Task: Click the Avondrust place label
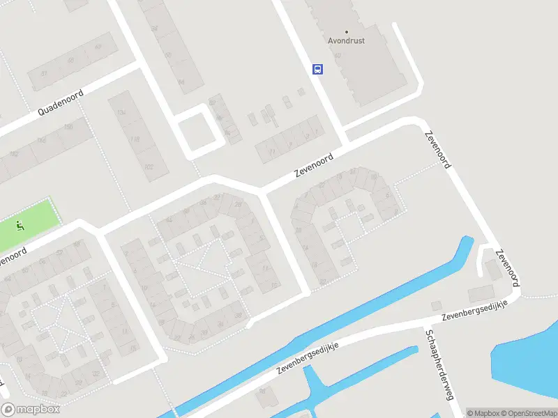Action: [x=346, y=40]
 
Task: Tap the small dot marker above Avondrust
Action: [x=346, y=31]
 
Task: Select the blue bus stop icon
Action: [x=317, y=69]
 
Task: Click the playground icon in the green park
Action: [x=20, y=225]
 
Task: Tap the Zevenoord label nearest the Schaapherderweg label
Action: [x=507, y=266]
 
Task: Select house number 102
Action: [x=148, y=167]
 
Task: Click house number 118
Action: [x=135, y=139]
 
